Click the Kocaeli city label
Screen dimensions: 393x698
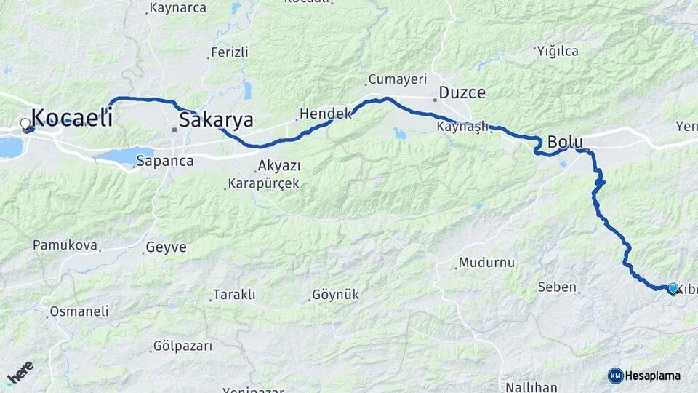click(72, 117)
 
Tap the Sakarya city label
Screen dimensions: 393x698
click(216, 120)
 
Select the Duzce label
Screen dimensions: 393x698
click(462, 93)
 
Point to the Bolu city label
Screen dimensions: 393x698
click(566, 142)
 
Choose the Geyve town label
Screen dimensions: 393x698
click(166, 247)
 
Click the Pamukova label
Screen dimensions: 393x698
click(65, 245)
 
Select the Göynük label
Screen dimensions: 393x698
click(335, 295)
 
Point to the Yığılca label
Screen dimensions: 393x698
click(558, 51)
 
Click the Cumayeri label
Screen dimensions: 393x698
click(398, 79)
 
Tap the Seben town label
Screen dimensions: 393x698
click(557, 287)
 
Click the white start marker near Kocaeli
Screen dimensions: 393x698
click(25, 124)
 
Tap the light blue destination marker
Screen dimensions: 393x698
click(673, 288)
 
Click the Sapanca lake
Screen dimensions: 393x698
click(124, 155)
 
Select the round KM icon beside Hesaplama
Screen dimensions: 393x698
click(615, 376)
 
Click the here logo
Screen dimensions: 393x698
click(20, 373)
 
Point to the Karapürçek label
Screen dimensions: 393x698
click(263, 183)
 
